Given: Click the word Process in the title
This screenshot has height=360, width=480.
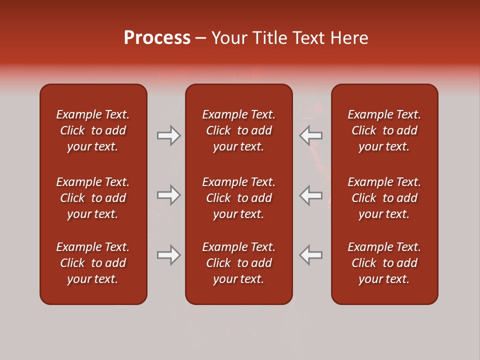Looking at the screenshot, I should (157, 38).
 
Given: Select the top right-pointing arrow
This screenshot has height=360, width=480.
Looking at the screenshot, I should (168, 135).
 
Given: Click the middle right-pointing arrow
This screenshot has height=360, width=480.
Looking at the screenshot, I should (168, 195).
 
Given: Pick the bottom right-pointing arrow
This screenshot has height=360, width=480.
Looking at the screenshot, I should (168, 255).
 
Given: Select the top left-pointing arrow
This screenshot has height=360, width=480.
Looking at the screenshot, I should (311, 135).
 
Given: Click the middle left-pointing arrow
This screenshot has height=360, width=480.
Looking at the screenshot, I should (311, 195).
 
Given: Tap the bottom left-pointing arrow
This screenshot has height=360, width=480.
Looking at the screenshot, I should (311, 255).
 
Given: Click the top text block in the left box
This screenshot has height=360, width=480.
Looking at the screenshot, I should (93, 130).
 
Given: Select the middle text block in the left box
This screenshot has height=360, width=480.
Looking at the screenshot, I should (93, 198).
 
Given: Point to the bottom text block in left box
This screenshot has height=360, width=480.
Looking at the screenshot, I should (93, 263).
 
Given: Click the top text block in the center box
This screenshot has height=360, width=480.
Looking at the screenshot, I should (238, 130).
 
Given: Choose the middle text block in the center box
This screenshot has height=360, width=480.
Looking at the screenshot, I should (238, 198).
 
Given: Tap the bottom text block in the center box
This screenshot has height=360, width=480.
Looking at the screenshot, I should (238, 263).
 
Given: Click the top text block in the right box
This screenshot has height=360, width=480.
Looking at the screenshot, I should (384, 130).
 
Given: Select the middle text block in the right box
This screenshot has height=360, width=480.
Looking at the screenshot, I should (384, 198).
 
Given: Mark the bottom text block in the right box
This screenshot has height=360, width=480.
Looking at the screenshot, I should (384, 263).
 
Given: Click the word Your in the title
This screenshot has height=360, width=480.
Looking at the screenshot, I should (229, 38).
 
